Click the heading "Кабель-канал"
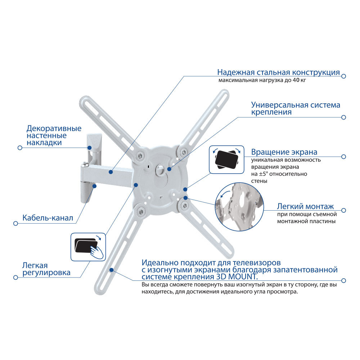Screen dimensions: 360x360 pyautogui.click(x=48, y=218)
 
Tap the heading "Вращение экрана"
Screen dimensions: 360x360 pyautogui.click(x=284, y=152)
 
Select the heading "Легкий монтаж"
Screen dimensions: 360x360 pyautogui.click(x=305, y=206)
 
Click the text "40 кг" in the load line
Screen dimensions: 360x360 pyautogui.click(x=299, y=80)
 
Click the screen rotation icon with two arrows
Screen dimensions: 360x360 pyautogui.click(x=226, y=159)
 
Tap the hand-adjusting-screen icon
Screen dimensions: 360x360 pyautogui.click(x=88, y=247)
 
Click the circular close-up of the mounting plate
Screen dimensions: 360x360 pyautogui.click(x=239, y=207)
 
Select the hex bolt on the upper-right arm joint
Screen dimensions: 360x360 pyautogui.click(x=184, y=152)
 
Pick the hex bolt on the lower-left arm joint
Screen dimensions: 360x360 pyautogui.click(x=141, y=211)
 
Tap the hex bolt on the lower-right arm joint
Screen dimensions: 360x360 pyautogui.click(x=184, y=206)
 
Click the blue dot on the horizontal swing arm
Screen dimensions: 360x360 pyautogui.click(x=111, y=172)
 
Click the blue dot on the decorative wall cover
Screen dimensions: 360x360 pyautogui.click(x=90, y=148)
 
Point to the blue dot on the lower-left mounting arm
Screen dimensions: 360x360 pyautogui.click(x=111, y=270)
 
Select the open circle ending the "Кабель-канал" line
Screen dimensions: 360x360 pyautogui.click(x=15, y=224)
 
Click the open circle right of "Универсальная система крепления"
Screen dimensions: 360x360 pyautogui.click(x=343, y=117)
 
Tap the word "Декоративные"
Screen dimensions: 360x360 pyautogui.click(x=54, y=129)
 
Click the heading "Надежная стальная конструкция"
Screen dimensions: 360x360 pyautogui.click(x=279, y=72)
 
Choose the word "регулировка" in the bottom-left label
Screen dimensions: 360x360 pyautogui.click(x=46, y=273)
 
